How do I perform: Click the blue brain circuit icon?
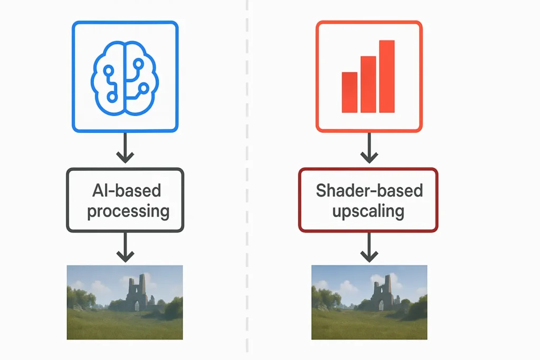(x=125, y=76)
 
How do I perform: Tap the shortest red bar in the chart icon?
(x=349, y=93)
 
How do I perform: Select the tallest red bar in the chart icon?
(x=387, y=76)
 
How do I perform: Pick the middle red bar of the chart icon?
(x=368, y=84)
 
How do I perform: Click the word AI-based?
(x=125, y=191)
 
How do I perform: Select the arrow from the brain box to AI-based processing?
(x=125, y=149)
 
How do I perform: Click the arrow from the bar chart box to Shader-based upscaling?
(x=369, y=149)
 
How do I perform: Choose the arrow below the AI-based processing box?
(x=125, y=248)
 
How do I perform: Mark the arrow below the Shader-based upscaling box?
(x=369, y=248)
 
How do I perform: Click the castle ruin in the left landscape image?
(x=138, y=293)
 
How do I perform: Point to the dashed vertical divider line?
(x=247, y=179)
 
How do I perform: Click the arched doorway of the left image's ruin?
(x=137, y=306)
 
